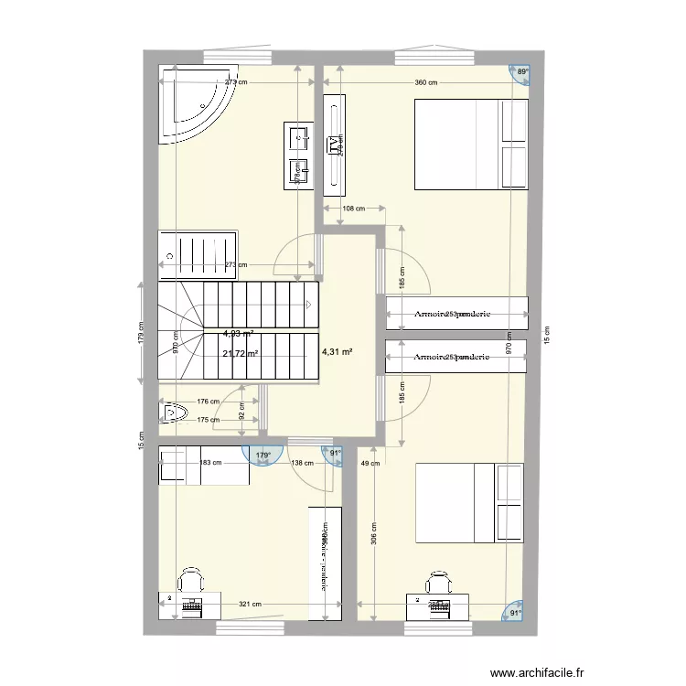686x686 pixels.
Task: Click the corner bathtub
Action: tap(194, 102)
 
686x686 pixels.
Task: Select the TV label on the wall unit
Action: tap(331, 145)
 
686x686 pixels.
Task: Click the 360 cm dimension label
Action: tap(425, 83)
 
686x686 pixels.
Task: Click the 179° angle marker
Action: tap(263, 455)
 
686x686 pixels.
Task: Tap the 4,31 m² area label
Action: tap(338, 350)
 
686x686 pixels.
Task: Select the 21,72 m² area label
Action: tap(240, 353)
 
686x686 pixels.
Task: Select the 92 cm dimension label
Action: tap(241, 414)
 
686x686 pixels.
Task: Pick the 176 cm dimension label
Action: tap(209, 401)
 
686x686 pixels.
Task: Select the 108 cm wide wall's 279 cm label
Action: tap(340, 145)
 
